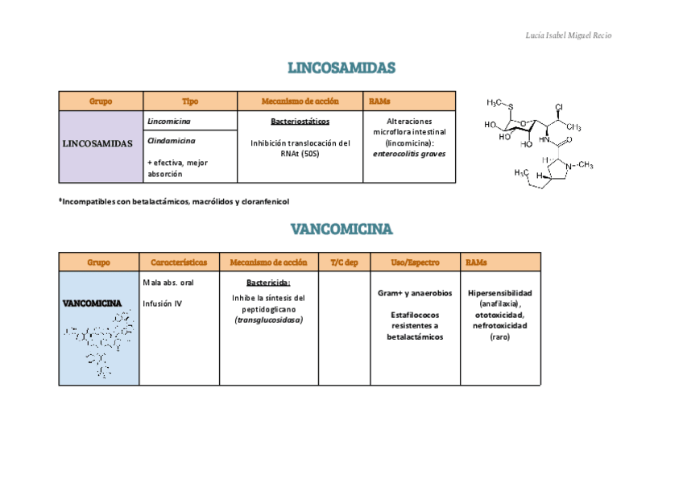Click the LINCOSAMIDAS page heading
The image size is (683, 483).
[341, 68]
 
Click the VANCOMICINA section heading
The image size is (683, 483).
[341, 229]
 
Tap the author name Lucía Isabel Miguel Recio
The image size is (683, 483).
[573, 35]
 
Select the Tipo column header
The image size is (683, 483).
[190, 101]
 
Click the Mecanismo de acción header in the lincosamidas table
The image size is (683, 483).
[300, 101]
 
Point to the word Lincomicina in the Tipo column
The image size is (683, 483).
[169, 121]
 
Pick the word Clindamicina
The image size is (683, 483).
[172, 141]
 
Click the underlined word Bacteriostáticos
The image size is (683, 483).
[300, 122]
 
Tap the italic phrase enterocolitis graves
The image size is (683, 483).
[409, 153]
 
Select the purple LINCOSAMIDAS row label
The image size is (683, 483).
[98, 143]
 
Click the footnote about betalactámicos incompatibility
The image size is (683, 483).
[174, 201]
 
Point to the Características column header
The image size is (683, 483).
[179, 262]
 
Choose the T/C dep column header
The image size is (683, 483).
[344, 262]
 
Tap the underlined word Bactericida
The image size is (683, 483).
[268, 283]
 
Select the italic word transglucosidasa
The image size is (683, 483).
[268, 320]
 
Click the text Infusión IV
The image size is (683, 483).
[162, 303]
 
